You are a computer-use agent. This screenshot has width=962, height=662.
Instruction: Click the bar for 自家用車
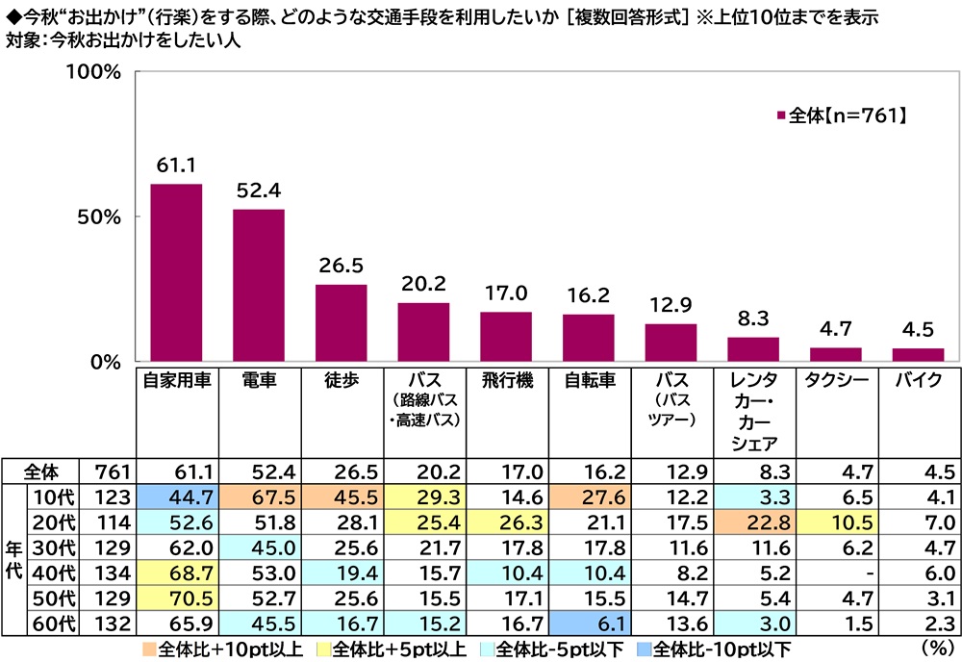pyautogui.click(x=176, y=273)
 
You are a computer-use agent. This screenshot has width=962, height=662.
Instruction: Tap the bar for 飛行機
pyautogui.click(x=506, y=337)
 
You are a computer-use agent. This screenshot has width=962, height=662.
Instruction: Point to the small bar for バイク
pyautogui.click(x=918, y=355)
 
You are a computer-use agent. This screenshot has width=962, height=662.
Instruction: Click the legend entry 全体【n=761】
pyautogui.click(x=842, y=116)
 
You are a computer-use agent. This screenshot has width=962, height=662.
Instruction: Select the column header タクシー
pyautogui.click(x=836, y=381)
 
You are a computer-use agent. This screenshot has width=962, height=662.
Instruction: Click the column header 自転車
pyautogui.click(x=589, y=381)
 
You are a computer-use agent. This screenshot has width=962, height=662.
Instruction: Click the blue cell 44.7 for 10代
pyautogui.click(x=176, y=496)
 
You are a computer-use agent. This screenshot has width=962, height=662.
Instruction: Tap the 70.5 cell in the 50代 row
pyautogui.click(x=176, y=597)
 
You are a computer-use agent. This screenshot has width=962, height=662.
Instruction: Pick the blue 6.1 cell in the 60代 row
pyautogui.click(x=589, y=622)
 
